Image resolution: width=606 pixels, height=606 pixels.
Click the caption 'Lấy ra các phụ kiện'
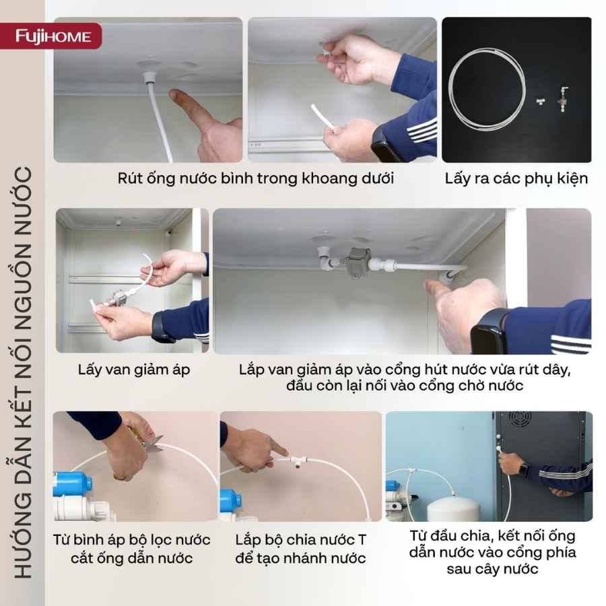[516, 179]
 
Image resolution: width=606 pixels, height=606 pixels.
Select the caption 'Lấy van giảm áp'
[134, 370]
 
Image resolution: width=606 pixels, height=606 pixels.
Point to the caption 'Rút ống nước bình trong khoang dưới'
[255, 179]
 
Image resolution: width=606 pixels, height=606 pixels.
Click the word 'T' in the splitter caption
[362, 540]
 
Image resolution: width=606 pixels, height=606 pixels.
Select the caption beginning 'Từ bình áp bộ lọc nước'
[132, 549]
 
